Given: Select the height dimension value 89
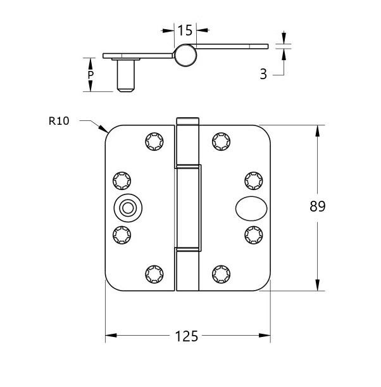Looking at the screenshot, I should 318,206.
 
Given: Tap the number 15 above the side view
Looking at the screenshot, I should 184,30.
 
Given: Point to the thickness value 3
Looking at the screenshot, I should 263,74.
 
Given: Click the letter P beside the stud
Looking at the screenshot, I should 91,75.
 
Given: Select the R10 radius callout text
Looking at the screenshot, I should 58,120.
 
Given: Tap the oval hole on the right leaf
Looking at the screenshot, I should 247,207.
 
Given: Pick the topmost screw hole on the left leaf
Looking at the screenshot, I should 153,141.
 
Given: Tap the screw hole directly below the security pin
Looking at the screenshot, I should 122,234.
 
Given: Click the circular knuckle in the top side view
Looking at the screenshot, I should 185,54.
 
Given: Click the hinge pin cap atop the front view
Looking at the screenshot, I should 187,121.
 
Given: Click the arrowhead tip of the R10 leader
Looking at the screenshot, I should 106,132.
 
